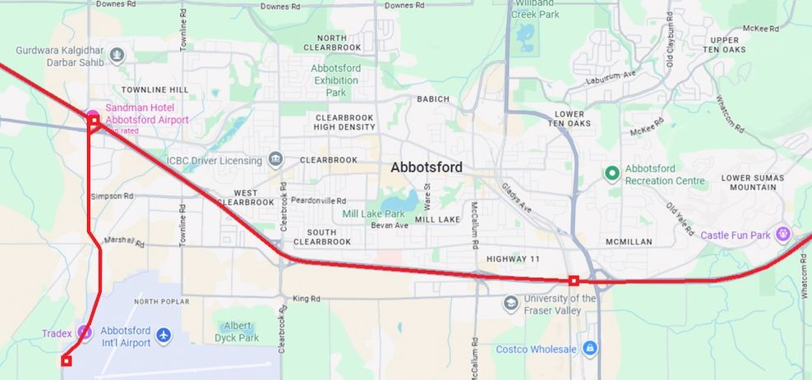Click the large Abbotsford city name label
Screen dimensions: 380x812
pos(426,167)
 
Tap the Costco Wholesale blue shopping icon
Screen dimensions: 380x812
pos(589,349)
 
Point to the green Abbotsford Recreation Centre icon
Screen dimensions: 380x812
pos(611,173)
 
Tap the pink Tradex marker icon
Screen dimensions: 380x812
pos(84,332)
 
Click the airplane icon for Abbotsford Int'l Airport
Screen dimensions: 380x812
pos(164,335)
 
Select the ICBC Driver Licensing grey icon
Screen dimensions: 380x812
pos(275,159)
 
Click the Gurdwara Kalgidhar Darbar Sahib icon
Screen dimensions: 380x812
pos(117,56)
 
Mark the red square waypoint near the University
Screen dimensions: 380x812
pos(574,281)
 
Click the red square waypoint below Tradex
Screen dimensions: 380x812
pos(67,360)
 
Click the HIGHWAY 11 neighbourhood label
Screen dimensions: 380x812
pos(513,259)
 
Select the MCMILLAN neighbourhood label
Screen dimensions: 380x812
pos(629,241)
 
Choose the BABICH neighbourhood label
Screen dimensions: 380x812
pos(433,99)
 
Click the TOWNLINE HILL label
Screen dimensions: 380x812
pos(155,89)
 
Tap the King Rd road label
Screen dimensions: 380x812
pos(306,299)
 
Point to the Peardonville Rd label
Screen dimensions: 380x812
pos(319,200)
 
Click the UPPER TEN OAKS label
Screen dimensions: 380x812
pos(724,45)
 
